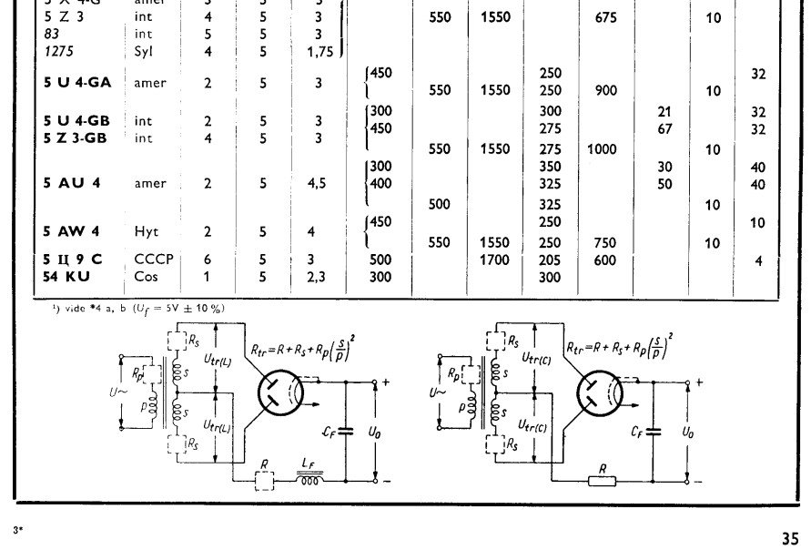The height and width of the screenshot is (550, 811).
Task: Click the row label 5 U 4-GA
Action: click(77, 82)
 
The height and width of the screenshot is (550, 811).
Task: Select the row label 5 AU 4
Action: click(72, 183)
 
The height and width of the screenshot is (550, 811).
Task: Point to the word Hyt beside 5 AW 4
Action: click(146, 231)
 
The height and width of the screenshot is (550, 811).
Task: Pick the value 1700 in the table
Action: click(494, 260)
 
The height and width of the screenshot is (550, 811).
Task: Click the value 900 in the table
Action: click(605, 91)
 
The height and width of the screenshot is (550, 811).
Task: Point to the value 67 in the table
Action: click(665, 129)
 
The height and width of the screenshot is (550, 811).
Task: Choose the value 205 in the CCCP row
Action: click(550, 260)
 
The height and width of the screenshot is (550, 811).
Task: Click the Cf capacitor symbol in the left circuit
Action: click(343, 428)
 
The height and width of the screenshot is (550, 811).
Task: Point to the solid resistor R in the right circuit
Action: click(602, 480)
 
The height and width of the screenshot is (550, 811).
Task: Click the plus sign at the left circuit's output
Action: click(385, 382)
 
